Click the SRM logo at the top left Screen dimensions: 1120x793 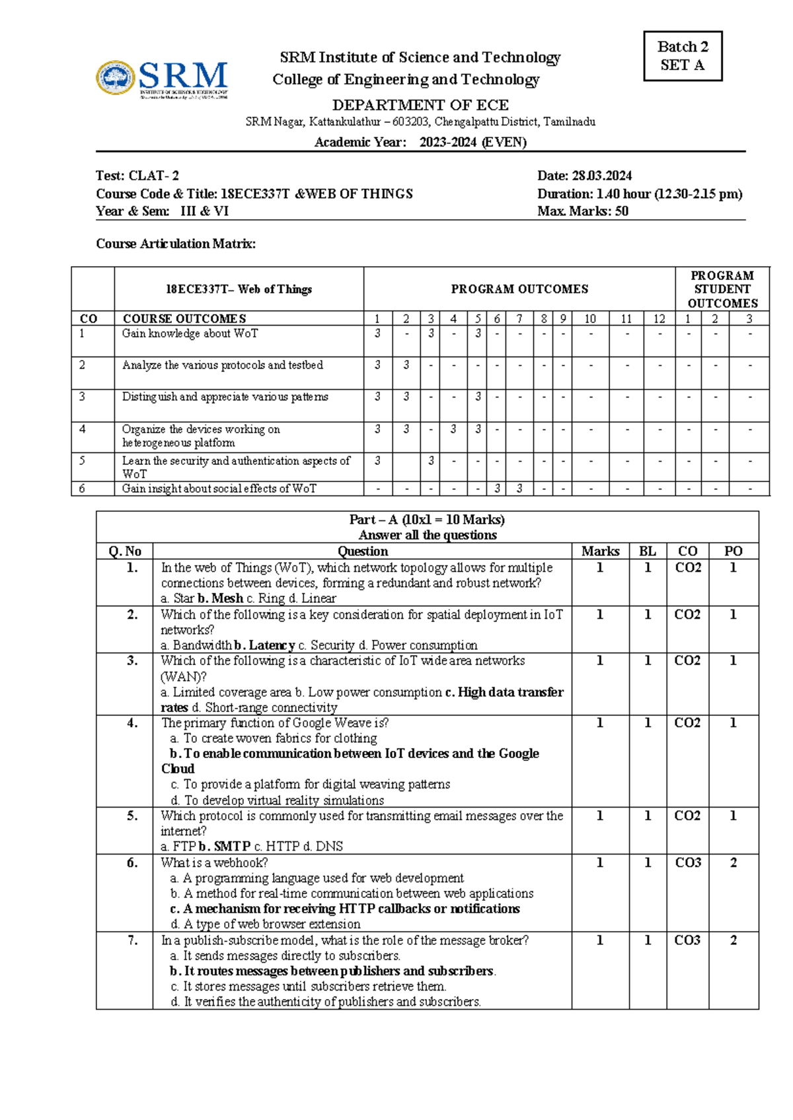163,79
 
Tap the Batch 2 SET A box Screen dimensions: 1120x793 683,56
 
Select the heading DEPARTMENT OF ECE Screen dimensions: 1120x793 420,105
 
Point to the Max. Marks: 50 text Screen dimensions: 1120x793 583,211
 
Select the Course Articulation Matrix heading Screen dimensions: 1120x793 176,244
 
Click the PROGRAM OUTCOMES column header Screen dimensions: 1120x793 519,289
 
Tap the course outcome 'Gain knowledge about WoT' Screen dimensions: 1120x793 190,333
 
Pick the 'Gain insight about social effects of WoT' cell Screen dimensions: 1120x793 219,489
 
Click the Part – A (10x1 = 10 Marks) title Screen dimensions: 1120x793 427,520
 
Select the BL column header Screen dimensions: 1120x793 648,551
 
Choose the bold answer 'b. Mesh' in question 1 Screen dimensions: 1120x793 221,598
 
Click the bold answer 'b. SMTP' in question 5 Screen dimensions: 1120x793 225,846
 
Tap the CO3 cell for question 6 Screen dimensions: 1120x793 688,862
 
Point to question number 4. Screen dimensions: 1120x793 133,723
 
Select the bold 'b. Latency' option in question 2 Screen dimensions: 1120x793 264,645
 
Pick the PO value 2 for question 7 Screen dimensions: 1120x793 734,940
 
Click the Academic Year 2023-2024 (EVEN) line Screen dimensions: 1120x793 420,142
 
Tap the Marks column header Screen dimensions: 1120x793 600,551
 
